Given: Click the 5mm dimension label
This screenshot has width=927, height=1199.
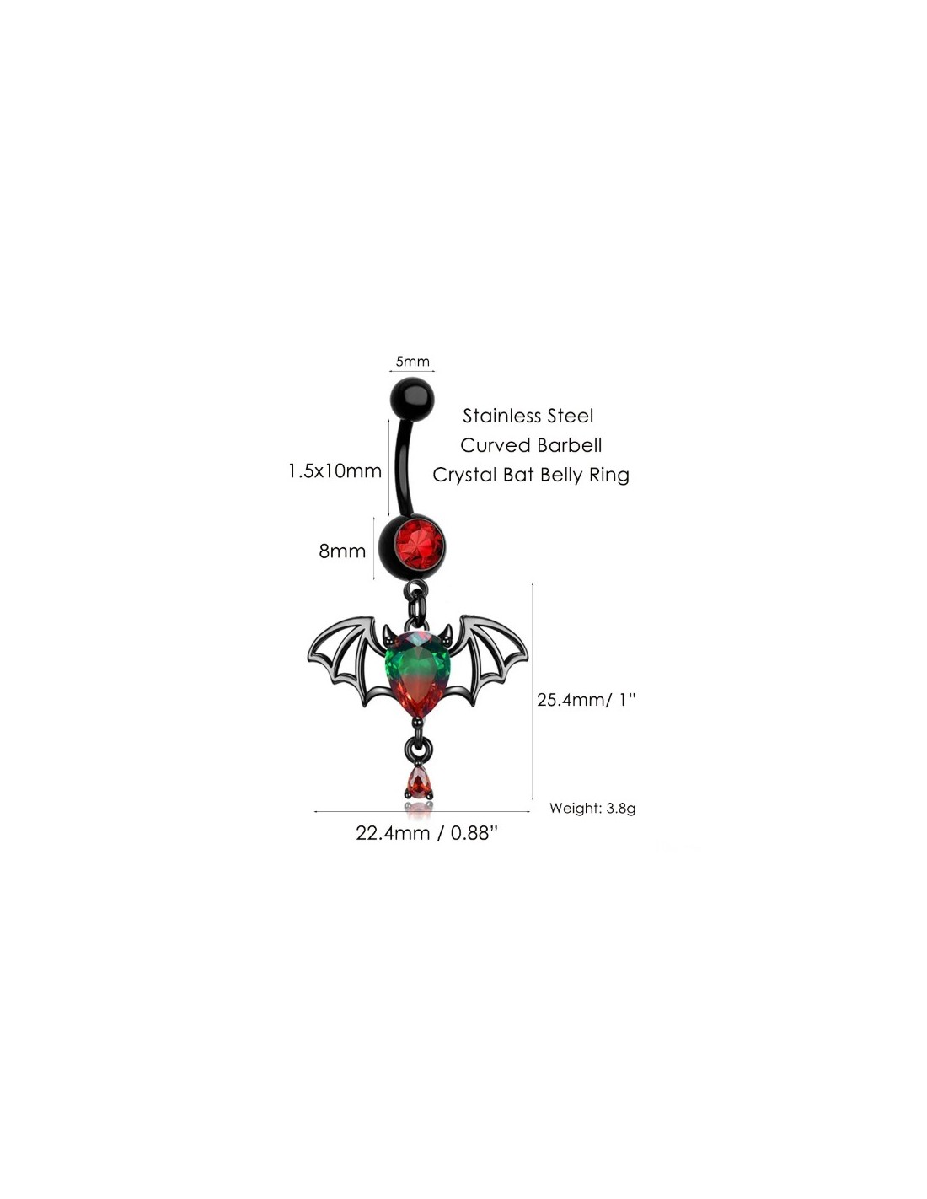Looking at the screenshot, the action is click(x=412, y=362).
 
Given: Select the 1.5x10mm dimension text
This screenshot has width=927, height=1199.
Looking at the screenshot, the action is click(x=335, y=470).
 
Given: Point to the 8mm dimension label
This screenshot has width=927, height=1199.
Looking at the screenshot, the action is click(x=342, y=551).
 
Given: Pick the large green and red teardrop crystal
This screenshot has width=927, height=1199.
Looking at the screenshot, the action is click(x=416, y=675).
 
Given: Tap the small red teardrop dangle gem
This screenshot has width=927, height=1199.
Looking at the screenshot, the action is click(x=418, y=782).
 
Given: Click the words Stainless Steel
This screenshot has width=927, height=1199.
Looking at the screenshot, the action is click(x=528, y=416).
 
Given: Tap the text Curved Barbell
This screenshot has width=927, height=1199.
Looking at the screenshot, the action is click(x=531, y=445).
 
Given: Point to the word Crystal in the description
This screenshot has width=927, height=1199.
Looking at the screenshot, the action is click(x=464, y=475).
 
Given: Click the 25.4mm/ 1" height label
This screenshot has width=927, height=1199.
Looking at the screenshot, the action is click(x=587, y=700).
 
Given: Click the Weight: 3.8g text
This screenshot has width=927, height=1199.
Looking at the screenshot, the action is click(x=592, y=809).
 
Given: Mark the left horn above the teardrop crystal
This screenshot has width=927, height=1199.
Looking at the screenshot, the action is click(x=390, y=632).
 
